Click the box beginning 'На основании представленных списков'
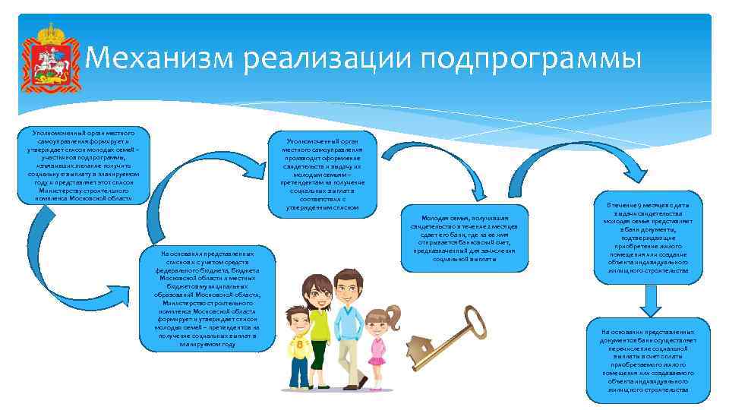point(207,298)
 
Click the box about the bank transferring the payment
point(647,361)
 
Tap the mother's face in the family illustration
point(314,292)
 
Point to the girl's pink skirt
point(377,357)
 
